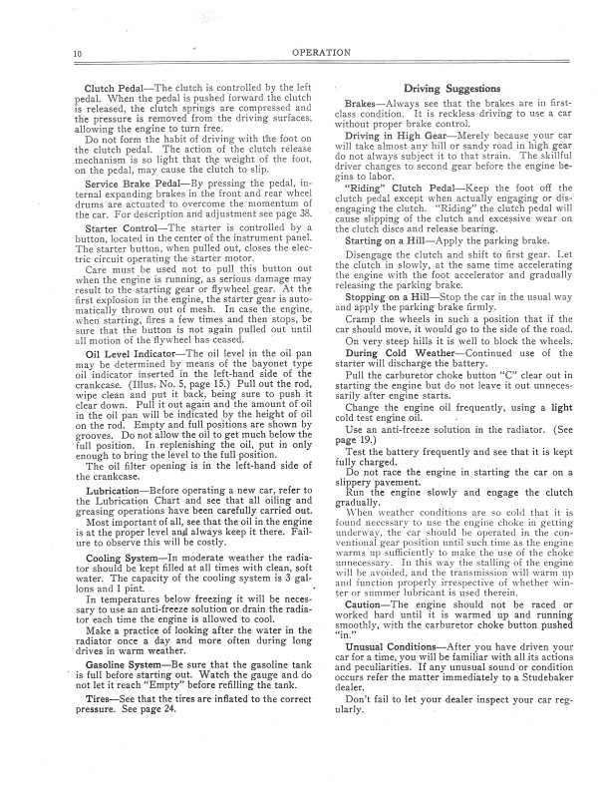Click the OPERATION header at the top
(x=300, y=50)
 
